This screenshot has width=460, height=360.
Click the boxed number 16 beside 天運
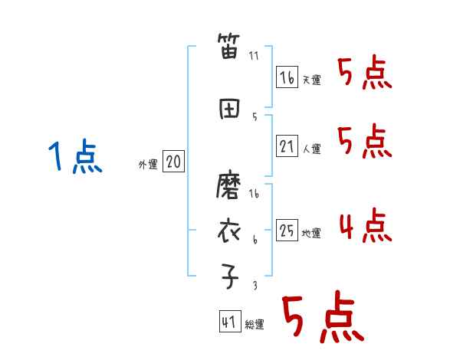pyautogui.click(x=287, y=77)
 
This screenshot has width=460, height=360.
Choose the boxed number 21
pyautogui.click(x=287, y=146)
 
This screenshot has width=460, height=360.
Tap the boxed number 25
pyautogui.click(x=287, y=231)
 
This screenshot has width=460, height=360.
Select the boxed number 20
pyautogui.click(x=174, y=162)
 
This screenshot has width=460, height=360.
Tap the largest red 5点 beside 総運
pyautogui.click(x=321, y=319)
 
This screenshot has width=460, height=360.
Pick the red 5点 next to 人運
pyautogui.click(x=364, y=142)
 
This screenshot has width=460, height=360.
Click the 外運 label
pyautogui.click(x=147, y=164)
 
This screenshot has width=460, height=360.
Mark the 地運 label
pyautogui.click(x=311, y=234)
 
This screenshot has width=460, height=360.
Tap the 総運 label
pyautogui.click(x=254, y=325)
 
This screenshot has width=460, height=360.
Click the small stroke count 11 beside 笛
pyautogui.click(x=254, y=55)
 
